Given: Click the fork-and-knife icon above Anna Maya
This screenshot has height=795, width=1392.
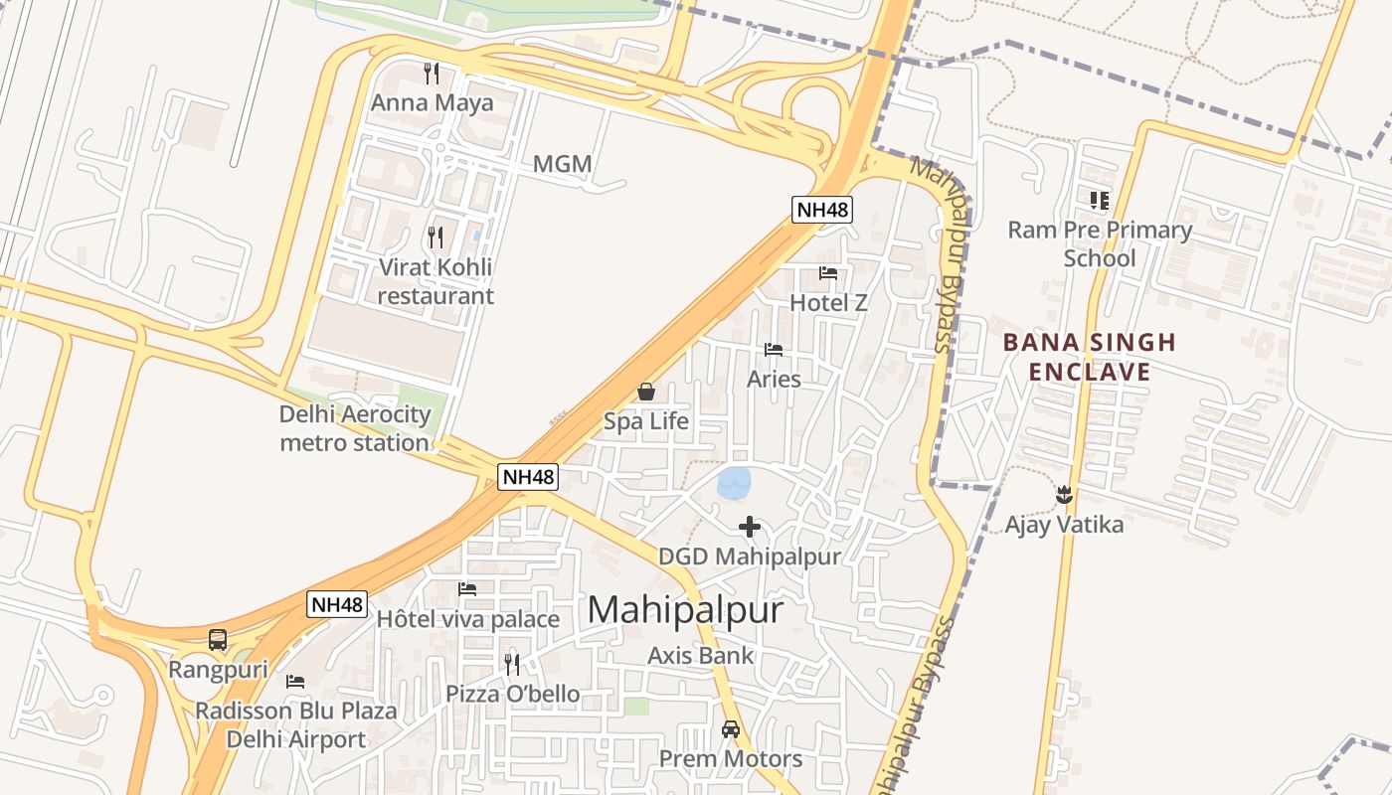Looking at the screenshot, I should [432, 73].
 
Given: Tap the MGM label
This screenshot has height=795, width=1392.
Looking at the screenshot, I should [562, 164].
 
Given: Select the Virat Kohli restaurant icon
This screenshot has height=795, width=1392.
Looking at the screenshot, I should [435, 237].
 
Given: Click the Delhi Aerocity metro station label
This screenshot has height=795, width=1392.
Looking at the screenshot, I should [355, 428].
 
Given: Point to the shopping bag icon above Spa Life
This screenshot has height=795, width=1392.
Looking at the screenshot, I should [646, 392].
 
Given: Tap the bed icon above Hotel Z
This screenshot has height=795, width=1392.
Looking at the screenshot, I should [828, 273].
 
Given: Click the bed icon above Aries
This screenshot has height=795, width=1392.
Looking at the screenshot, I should [774, 350].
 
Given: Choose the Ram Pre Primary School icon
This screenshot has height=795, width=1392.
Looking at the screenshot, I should [1099, 201].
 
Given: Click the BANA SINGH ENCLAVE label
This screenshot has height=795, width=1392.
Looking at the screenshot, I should [1089, 357].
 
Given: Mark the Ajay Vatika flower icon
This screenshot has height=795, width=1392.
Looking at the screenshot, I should [1064, 494].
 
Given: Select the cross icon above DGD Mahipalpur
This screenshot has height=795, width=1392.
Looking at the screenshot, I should [750, 527].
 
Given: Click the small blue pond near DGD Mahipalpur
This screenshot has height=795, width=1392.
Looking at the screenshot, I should [735, 484].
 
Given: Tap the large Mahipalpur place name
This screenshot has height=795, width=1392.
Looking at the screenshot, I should [685, 609].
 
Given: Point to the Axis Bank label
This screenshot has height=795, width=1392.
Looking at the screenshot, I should [701, 656].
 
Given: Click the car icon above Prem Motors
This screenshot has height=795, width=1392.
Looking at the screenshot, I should [731, 729].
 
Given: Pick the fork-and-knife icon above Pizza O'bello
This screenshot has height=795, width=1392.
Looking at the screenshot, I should [512, 664].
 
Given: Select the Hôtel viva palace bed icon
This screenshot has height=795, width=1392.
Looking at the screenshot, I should [467, 589].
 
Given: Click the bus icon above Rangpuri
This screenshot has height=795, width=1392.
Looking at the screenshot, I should [218, 640].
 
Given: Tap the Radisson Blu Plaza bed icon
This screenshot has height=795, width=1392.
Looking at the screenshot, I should [295, 682].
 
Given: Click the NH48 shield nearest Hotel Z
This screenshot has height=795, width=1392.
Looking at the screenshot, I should [822, 209].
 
